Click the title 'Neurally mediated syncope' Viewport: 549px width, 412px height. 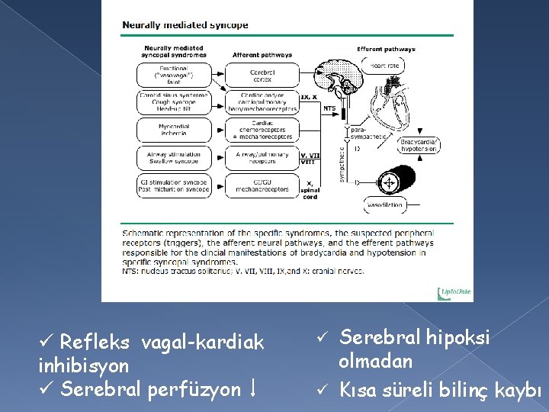click(x=186, y=25)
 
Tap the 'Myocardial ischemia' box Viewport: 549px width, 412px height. click(x=175, y=129)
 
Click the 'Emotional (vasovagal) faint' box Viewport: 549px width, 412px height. click(x=175, y=75)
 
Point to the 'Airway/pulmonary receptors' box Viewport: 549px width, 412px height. click(x=262, y=157)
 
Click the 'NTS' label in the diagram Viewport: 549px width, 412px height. click(x=329, y=108)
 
